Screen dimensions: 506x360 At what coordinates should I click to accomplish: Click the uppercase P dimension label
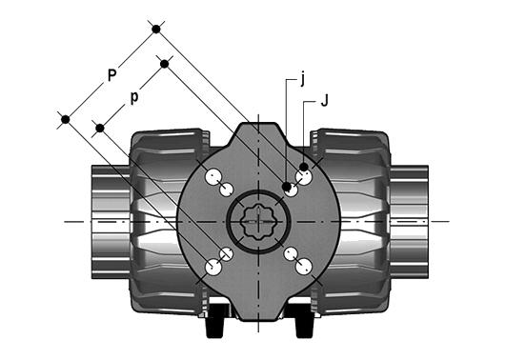(111, 75)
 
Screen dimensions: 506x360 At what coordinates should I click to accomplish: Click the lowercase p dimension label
(134, 97)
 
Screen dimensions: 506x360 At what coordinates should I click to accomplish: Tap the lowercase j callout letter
(302, 79)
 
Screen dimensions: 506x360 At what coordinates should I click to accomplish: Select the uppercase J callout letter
(324, 101)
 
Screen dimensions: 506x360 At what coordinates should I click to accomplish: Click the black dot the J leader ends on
(303, 167)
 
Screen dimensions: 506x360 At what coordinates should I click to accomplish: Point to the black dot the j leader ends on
(286, 187)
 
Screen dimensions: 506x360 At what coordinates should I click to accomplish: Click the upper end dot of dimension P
(156, 30)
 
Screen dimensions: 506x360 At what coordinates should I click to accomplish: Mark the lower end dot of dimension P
(66, 120)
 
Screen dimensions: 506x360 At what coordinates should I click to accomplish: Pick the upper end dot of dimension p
(165, 64)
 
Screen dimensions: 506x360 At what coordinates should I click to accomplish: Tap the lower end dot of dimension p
(100, 129)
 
